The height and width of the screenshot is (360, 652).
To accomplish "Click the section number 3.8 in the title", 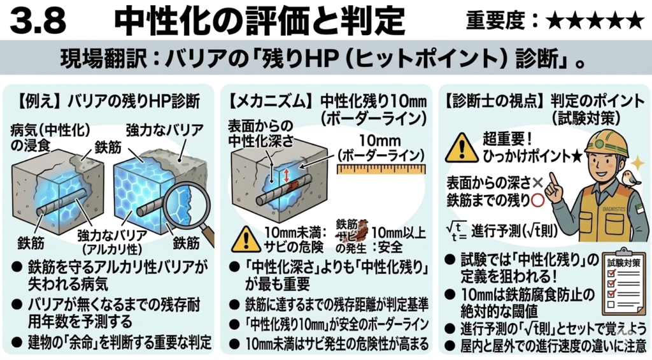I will pyautogui.click(x=39, y=21).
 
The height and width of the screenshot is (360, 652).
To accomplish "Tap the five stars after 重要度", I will pyautogui.click(x=595, y=21).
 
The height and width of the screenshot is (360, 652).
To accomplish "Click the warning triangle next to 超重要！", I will pyautogui.click(x=462, y=148).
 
